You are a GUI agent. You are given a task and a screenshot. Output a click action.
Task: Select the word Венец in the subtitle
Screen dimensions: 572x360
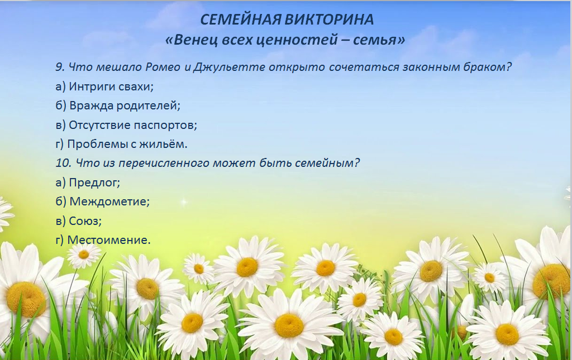[x=195, y=40]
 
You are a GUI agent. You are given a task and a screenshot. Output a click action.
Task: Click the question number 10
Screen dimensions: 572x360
[x=64, y=163]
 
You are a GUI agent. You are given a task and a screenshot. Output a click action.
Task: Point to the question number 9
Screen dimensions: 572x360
[x=60, y=67]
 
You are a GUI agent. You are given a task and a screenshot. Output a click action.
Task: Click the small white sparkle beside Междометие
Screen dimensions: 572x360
[x=184, y=201]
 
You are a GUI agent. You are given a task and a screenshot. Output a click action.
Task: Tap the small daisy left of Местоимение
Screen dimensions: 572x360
[x=84, y=255]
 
